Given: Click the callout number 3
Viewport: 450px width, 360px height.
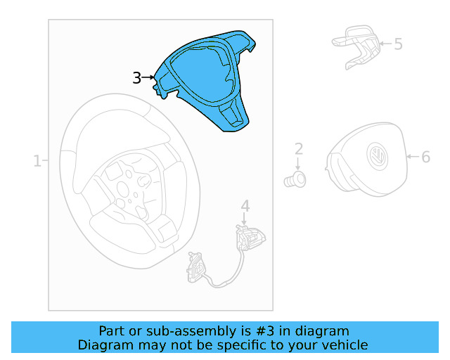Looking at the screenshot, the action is point(137,78).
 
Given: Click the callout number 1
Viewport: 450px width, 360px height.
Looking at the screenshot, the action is point(37,161).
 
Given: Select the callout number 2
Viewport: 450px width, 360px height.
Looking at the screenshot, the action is point(299,149).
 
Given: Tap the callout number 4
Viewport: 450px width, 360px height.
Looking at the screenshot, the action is point(245,206).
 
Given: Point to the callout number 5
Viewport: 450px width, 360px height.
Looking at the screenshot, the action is point(398,44).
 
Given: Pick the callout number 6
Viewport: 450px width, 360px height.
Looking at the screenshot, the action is point(425,157).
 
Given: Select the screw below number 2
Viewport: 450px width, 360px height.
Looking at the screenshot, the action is point(295,180).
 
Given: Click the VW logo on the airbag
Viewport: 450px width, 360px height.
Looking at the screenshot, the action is point(377,157).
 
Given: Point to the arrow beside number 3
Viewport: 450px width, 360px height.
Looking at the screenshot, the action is point(148,77).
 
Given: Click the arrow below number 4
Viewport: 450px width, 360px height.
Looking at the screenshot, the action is point(244,219).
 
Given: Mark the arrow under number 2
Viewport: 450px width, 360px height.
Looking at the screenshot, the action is point(298,164).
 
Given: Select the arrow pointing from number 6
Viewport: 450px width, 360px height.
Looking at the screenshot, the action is point(414,157).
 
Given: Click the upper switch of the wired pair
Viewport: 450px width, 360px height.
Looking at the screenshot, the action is point(250,237).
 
